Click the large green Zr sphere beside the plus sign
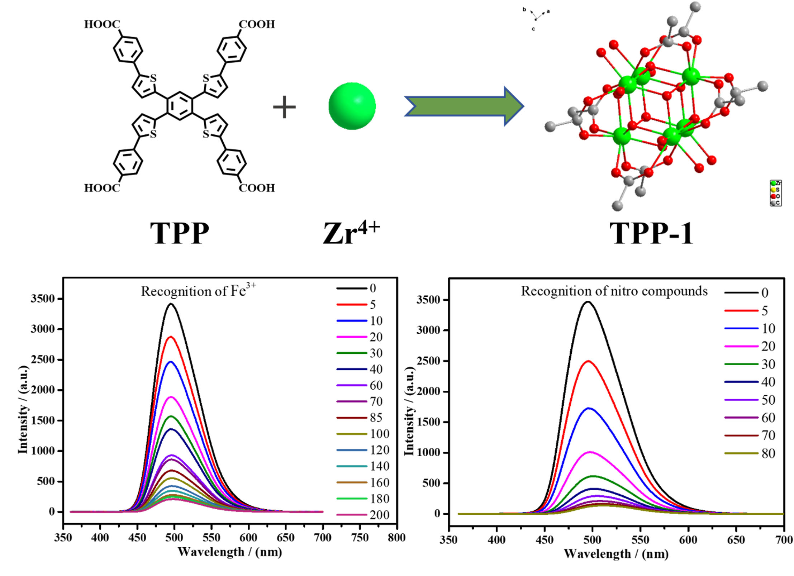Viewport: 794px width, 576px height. point(352,106)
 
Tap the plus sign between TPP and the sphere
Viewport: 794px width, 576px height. point(284,107)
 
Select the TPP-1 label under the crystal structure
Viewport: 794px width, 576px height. point(651,233)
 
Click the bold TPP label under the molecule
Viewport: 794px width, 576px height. point(179,233)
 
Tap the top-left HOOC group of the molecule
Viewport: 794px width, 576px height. point(102,24)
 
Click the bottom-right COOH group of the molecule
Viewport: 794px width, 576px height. point(257,188)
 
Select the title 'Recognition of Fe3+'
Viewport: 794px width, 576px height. point(198,291)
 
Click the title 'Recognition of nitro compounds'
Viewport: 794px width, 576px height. point(614,291)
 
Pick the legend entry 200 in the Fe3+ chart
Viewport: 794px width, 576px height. point(379,515)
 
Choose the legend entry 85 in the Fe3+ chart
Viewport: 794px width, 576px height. point(376,418)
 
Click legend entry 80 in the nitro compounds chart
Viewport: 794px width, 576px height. point(768,453)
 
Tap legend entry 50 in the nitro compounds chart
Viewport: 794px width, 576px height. point(768,400)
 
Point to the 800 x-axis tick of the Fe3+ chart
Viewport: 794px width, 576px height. point(396,537)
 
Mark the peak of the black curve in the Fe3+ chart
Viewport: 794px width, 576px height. point(171,304)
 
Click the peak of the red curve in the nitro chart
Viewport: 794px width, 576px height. point(588,361)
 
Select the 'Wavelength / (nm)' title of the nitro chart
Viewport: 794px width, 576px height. point(616,554)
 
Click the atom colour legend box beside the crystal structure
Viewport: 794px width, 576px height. point(775,193)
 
